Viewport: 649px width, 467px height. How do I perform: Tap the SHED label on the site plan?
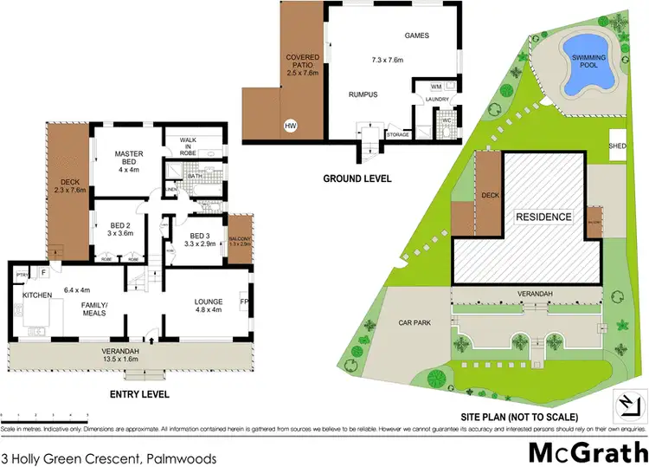(618, 146)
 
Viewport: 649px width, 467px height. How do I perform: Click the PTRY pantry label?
(22, 275)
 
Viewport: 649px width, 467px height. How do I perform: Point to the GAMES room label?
(418, 36)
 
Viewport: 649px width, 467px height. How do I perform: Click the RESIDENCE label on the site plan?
(543, 217)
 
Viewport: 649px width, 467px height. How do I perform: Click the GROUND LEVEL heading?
(357, 178)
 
